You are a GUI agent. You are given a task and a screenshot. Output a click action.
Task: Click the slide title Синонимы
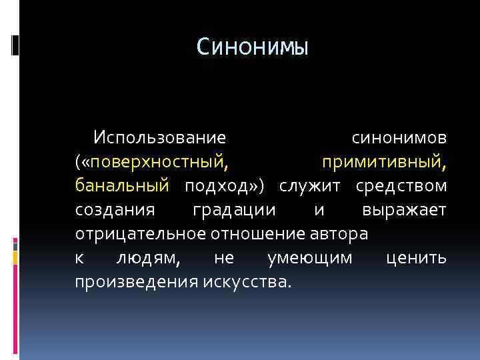(x=253, y=47)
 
